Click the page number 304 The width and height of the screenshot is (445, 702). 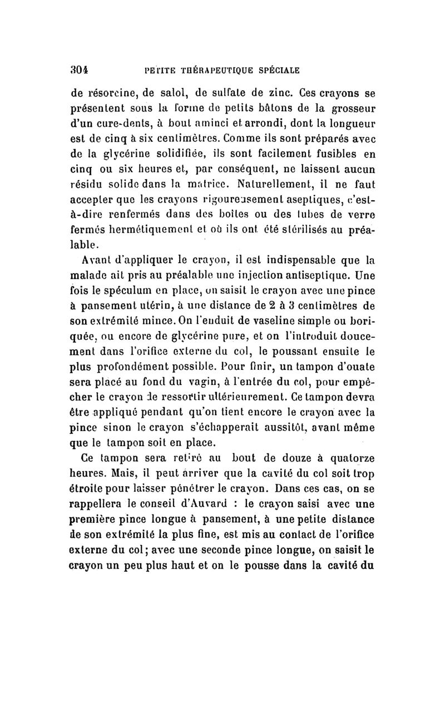pyautogui.click(x=82, y=71)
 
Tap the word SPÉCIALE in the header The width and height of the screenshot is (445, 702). pyautogui.click(x=274, y=71)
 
